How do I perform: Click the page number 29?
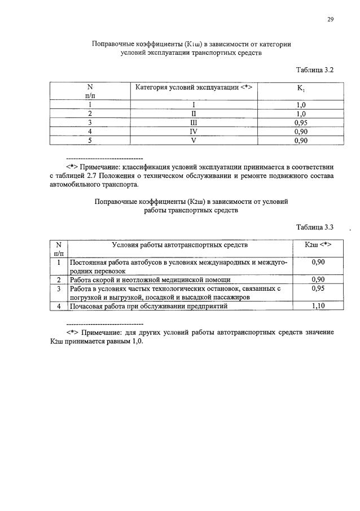(x=331, y=19)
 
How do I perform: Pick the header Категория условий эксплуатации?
(x=194, y=87)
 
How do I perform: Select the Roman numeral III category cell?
(x=194, y=121)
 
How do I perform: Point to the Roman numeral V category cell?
(x=194, y=141)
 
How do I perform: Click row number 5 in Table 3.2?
(x=90, y=141)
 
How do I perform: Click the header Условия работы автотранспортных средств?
(x=179, y=244)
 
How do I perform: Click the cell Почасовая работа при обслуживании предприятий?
(x=148, y=306)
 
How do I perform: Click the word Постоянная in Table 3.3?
(x=89, y=263)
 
